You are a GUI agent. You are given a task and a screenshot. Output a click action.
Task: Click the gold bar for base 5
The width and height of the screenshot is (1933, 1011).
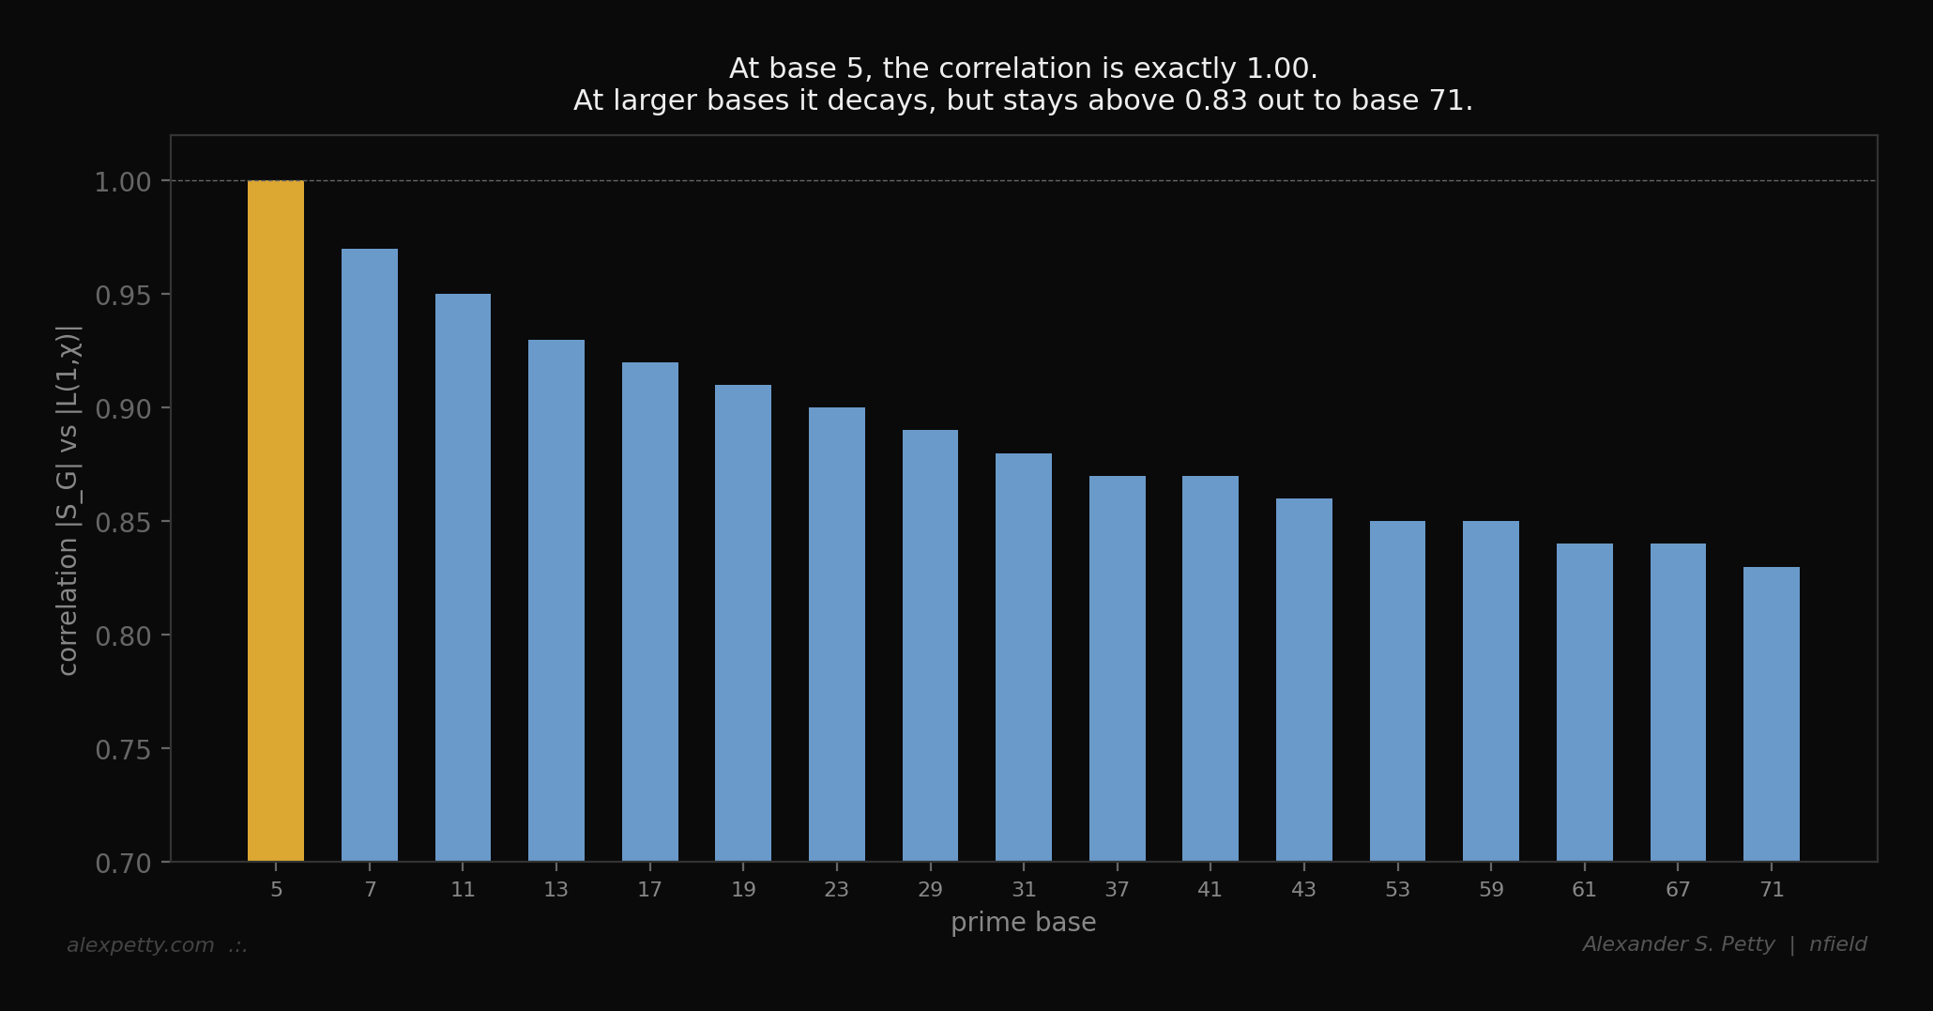pyautogui.click(x=276, y=521)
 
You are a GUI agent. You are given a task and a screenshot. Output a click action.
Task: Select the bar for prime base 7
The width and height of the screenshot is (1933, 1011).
pyautogui.click(x=370, y=555)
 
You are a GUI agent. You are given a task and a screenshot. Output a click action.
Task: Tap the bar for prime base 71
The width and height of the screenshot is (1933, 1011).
pyautogui.click(x=1772, y=713)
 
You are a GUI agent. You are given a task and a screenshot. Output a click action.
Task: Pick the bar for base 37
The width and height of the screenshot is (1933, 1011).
pyautogui.click(x=1118, y=668)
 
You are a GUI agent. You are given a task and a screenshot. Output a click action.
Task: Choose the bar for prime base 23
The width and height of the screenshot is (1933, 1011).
pyautogui.click(x=837, y=634)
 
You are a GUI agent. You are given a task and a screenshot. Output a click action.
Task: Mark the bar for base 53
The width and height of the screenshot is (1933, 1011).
pyautogui.click(x=1397, y=691)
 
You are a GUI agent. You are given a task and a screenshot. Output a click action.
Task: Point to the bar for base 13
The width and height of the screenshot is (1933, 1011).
pyautogui.click(x=556, y=601)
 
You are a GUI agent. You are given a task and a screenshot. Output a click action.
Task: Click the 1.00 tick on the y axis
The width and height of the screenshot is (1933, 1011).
pyautogui.click(x=123, y=182)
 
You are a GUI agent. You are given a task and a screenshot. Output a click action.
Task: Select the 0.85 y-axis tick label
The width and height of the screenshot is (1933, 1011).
pyautogui.click(x=123, y=523)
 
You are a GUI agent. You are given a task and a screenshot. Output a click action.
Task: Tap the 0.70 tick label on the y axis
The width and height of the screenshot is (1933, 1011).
pyautogui.click(x=123, y=864)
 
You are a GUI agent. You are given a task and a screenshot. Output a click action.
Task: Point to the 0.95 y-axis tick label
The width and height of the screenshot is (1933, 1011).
pyautogui.click(x=123, y=296)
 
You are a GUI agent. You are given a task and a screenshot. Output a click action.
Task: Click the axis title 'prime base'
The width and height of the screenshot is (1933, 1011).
pyautogui.click(x=1023, y=923)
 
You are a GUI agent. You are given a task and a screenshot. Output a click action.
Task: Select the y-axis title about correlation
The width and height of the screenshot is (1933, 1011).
pyautogui.click(x=68, y=499)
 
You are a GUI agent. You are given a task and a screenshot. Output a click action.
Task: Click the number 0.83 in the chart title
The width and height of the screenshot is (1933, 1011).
pyautogui.click(x=1216, y=100)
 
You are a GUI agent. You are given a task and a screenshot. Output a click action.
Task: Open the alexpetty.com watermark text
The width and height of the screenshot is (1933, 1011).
pyautogui.click(x=141, y=945)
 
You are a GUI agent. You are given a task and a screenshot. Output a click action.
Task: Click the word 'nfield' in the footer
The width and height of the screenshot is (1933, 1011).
pyautogui.click(x=1837, y=944)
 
